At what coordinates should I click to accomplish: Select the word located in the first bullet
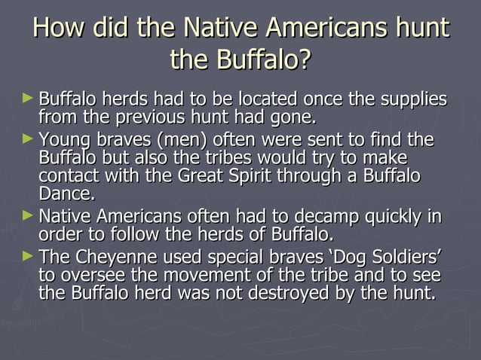tap(266, 100)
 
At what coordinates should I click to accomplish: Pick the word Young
tap(63, 140)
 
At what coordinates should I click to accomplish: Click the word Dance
tap(66, 194)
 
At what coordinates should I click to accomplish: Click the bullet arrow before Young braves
tap(29, 138)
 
